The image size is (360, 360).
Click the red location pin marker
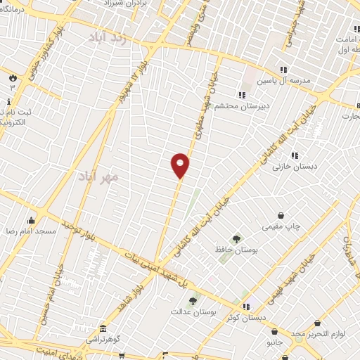point(181,165)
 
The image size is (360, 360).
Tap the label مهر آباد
point(98,176)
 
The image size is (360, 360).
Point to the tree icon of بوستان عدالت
point(192,300)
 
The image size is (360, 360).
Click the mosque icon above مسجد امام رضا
point(31,220)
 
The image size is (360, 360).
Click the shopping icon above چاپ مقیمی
point(281,216)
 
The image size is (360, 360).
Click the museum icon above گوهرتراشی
point(103,328)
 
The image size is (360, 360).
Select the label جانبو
point(274,342)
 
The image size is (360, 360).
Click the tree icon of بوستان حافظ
point(236,238)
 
